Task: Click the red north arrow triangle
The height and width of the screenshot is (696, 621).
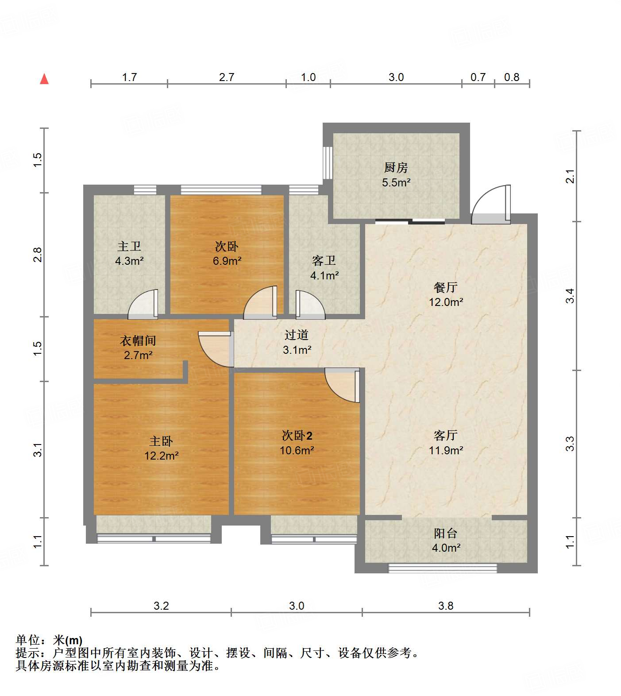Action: coord(44,79)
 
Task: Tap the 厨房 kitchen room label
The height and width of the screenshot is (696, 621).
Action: coord(396,168)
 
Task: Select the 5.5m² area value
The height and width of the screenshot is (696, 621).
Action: coord(396,182)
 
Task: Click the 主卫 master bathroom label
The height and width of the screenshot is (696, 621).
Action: coord(129,246)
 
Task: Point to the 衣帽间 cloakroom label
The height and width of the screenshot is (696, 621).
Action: coord(138,340)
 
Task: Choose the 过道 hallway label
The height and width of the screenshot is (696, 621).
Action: coord(297,335)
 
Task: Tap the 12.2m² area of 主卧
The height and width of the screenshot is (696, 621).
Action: coord(161,456)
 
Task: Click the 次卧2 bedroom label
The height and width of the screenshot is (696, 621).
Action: coord(297,436)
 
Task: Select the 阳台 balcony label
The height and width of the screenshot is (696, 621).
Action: coord(445,533)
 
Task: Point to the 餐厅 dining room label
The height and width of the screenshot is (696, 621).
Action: coord(445,287)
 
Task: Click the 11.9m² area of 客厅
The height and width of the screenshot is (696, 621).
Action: coord(446,450)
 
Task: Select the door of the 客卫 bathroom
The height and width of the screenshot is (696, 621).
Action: coord(309,305)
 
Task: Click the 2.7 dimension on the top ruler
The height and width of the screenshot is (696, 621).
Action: coord(227,77)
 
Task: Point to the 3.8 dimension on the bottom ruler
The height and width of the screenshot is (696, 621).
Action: coord(446,606)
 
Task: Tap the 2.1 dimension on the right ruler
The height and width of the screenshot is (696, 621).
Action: coord(571,176)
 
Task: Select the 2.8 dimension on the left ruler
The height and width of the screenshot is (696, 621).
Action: coord(38,255)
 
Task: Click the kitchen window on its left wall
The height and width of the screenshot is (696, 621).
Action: coord(328,162)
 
